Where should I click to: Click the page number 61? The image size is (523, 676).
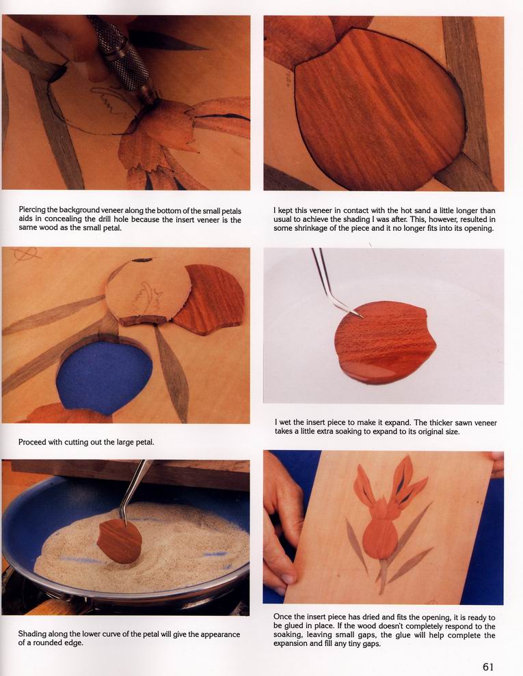pos(488,666)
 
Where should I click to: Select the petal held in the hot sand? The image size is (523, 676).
pos(120,541)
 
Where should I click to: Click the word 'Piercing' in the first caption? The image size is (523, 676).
pos(32,210)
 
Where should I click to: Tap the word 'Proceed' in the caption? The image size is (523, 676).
pos(31,442)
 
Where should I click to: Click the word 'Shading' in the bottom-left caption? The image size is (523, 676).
pos(31,634)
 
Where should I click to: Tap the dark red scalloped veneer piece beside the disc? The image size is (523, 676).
pos(211,299)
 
